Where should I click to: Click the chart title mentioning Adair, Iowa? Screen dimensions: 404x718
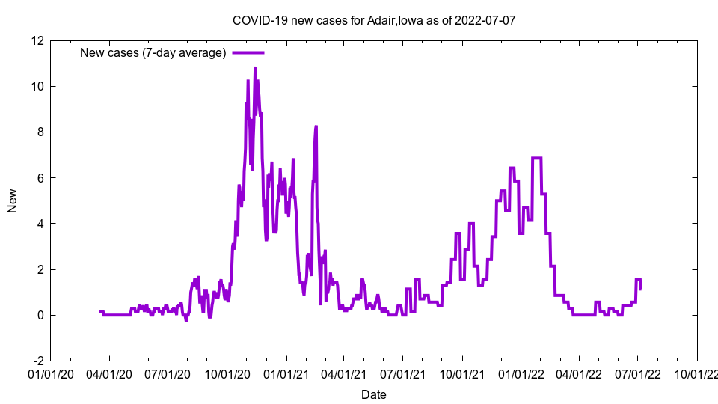click(374, 20)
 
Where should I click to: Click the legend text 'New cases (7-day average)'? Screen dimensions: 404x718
click(153, 52)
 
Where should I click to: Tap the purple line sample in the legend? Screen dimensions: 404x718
click(248, 52)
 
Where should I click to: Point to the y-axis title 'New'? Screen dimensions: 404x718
click(13, 201)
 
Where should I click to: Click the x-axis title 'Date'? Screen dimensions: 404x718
click(374, 394)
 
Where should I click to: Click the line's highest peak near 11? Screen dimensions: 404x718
click(255, 68)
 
